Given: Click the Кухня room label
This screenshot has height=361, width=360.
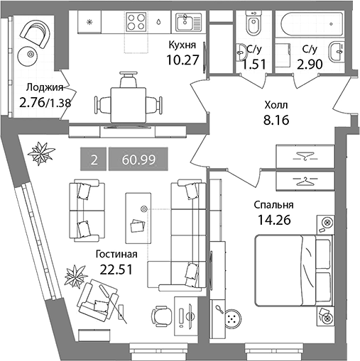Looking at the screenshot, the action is (x=182, y=45).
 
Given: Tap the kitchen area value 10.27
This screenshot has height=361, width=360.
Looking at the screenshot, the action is (x=182, y=60).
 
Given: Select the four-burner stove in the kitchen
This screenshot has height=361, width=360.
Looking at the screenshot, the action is (x=136, y=22).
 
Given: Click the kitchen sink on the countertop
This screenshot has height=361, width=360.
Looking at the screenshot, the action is (x=188, y=22).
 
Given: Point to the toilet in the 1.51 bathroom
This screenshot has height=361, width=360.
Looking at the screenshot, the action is (x=254, y=23).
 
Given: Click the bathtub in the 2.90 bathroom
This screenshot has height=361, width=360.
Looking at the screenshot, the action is (x=312, y=24).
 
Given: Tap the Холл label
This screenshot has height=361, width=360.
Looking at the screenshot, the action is (x=276, y=105).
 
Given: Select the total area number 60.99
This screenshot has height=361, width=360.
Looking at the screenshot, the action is (x=138, y=160).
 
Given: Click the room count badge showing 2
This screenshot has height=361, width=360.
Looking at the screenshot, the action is (x=94, y=159).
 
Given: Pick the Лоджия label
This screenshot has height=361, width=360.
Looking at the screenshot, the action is (x=45, y=87).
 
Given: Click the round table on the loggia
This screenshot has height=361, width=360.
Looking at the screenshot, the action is (x=30, y=54).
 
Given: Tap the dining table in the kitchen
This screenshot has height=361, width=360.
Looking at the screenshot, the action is (x=129, y=105).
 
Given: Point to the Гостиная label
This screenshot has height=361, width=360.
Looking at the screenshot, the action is (x=116, y=255).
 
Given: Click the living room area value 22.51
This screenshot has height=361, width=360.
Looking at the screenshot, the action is (x=116, y=269).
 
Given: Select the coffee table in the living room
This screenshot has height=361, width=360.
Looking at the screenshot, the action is (x=138, y=218).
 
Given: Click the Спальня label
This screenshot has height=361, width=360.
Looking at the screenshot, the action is (x=273, y=206).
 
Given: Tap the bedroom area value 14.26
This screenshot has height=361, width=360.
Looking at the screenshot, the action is (x=274, y=220).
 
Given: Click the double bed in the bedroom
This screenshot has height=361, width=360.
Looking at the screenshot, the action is (x=293, y=270).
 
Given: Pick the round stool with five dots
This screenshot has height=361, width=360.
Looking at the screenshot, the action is (x=233, y=318).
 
